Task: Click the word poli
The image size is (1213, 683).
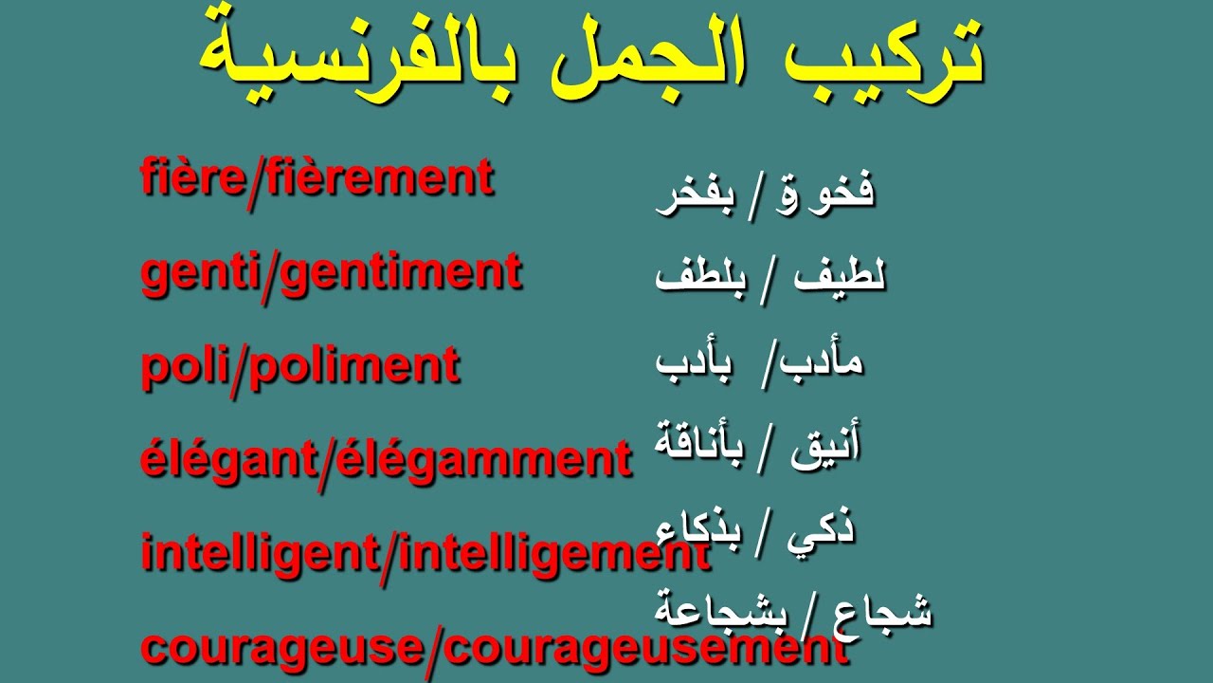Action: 181,366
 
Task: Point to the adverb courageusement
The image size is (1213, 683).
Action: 645,648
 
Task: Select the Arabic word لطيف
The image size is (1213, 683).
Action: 840,277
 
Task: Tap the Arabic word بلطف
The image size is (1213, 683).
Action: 699,277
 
